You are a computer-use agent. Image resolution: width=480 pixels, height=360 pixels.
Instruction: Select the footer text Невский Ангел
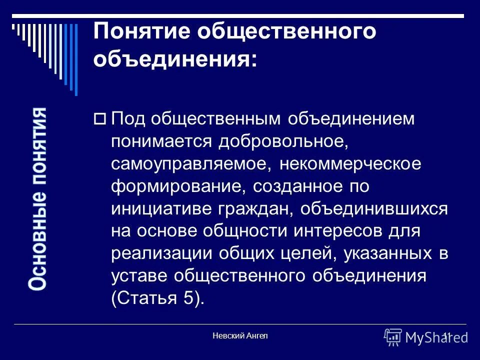240,335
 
